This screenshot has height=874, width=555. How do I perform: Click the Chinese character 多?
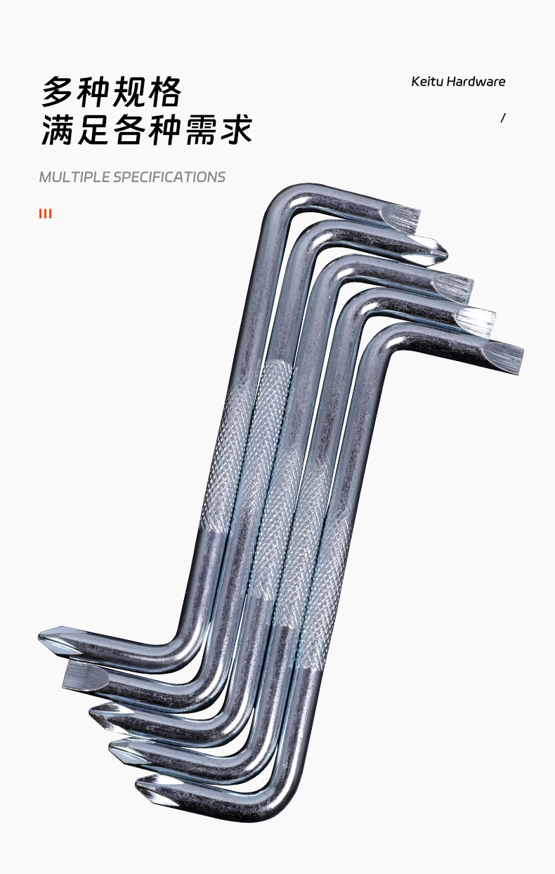58,92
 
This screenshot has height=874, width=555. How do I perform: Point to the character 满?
58,130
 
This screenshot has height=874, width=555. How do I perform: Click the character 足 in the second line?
93,130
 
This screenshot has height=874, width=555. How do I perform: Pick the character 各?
129,130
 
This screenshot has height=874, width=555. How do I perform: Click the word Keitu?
426,81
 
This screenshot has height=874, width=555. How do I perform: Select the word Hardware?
476,81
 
